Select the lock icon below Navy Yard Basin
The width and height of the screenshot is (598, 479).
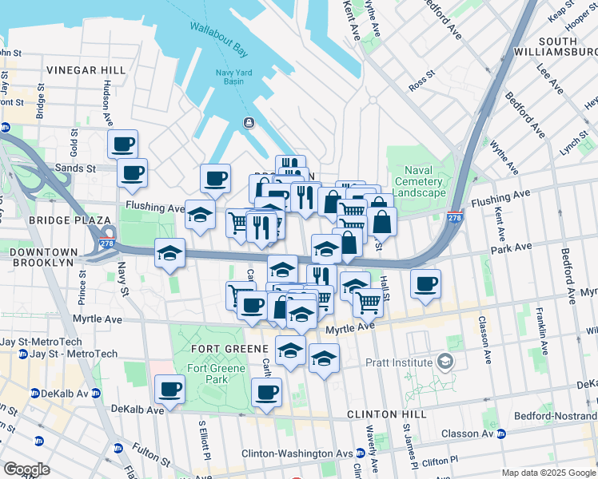tap(249, 122)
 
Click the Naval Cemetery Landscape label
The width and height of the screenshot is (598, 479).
tap(419, 181)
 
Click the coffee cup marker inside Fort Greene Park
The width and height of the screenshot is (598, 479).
tap(169, 390)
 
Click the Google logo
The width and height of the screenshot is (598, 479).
tap(27, 469)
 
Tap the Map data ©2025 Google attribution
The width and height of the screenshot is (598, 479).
tap(548, 473)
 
